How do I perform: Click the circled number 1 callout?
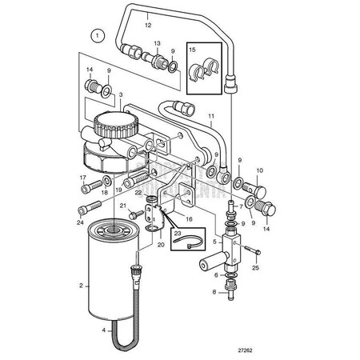[97, 35]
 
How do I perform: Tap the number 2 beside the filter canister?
[81, 285]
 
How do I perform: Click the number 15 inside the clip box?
[192, 50]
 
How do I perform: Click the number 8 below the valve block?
[214, 292]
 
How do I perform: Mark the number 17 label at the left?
[82, 177]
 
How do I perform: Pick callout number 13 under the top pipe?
[158, 42]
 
